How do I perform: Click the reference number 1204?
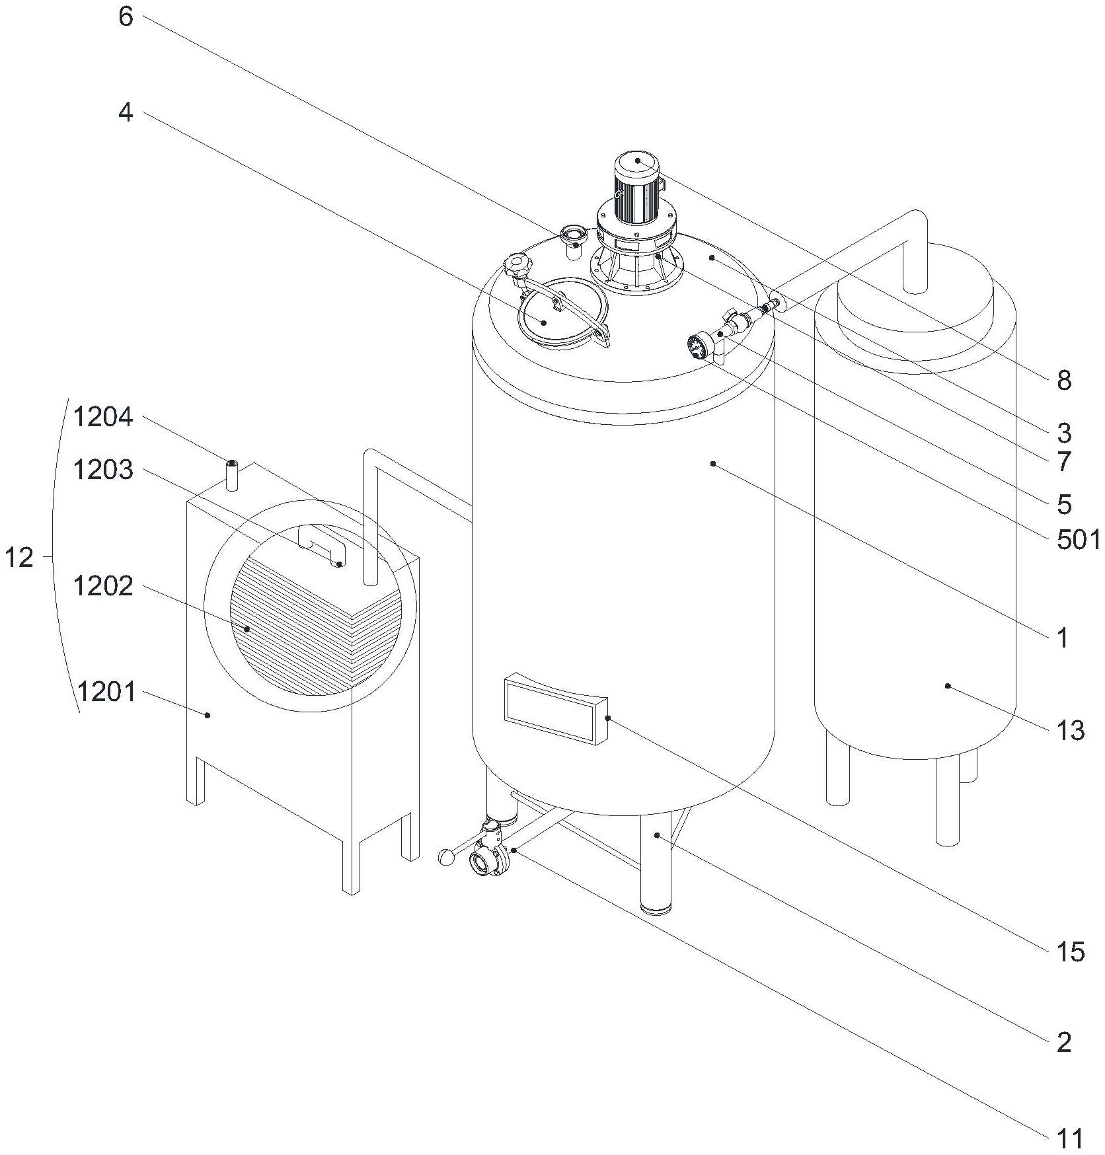103,418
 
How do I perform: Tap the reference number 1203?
103,470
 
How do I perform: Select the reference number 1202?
103,586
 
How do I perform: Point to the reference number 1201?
106,692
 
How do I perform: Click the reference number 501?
1074,540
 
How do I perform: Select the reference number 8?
1063,381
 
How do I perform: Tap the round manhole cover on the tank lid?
562,313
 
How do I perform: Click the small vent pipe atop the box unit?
232,476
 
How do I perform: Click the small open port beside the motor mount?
572,235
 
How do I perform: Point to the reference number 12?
19,559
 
